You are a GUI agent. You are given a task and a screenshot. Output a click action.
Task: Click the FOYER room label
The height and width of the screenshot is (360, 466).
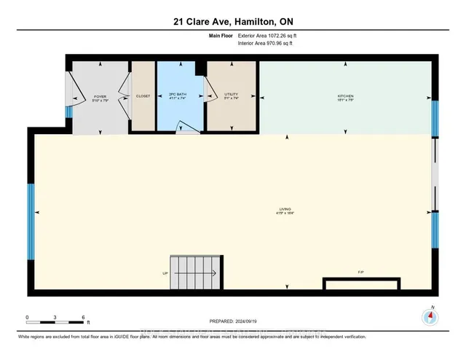pyautogui.click(x=100, y=96)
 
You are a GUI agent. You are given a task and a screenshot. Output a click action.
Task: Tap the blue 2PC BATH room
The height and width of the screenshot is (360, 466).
pyautogui.click(x=179, y=95)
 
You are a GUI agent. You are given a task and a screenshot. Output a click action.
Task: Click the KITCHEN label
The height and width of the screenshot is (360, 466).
pyautogui.click(x=345, y=96)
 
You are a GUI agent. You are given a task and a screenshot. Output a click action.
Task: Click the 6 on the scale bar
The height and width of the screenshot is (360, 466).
pyautogui.click(x=84, y=318)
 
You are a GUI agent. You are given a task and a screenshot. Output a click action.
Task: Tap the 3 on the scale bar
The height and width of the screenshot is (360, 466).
pyautogui.click(x=56, y=318)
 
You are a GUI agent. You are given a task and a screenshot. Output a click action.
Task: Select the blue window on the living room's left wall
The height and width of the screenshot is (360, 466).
pyautogui.click(x=31, y=222)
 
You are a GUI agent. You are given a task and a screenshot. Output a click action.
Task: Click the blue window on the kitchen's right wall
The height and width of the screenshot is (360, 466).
pyautogui.click(x=435, y=118)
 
